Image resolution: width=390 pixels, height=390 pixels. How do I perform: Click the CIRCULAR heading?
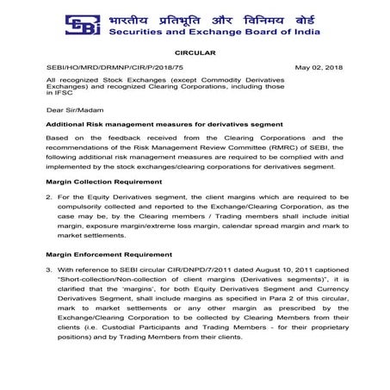[195, 53]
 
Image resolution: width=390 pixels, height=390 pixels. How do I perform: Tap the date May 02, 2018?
[319, 67]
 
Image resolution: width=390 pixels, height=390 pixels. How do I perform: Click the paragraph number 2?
[49, 197]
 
